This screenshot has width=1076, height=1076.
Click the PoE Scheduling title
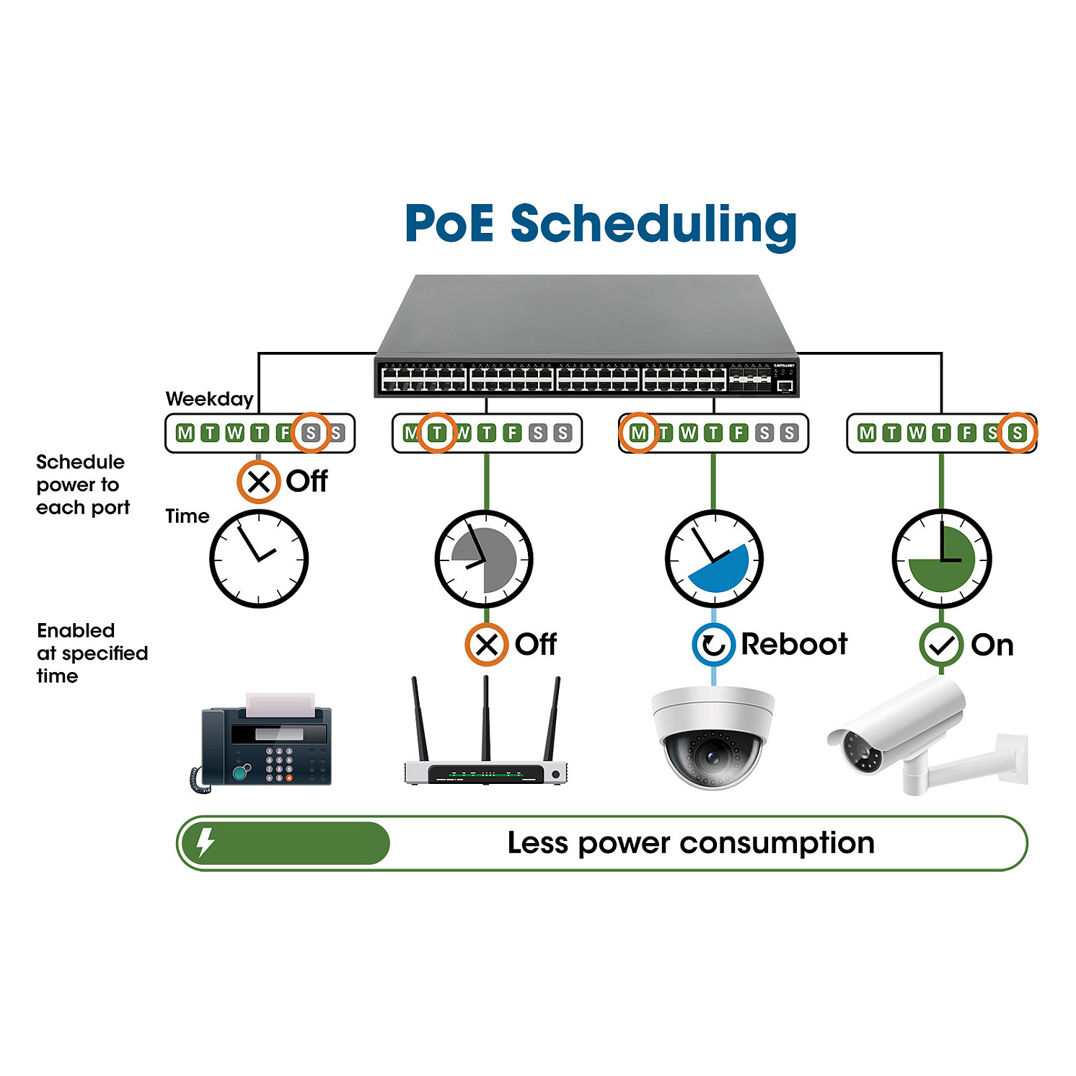point(600,224)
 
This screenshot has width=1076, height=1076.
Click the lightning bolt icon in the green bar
point(206,842)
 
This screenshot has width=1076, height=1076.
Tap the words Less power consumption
point(690,843)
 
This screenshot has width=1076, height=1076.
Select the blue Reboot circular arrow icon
point(713,645)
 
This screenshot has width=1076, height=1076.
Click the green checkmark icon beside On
point(940,645)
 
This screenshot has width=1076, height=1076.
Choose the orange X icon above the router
point(487,645)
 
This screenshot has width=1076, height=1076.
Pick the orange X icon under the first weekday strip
point(259,482)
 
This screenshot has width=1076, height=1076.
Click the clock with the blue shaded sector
point(714,559)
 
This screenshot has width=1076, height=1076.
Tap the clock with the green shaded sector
point(942,559)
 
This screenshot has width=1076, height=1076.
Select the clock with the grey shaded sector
point(484,559)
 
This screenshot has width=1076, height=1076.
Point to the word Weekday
point(209,399)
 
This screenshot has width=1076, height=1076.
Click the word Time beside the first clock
point(187,516)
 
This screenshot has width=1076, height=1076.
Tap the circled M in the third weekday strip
point(639,433)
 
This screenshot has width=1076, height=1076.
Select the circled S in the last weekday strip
point(1017,433)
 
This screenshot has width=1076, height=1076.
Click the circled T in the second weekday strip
point(436,433)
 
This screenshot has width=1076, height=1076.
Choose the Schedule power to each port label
point(82,485)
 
